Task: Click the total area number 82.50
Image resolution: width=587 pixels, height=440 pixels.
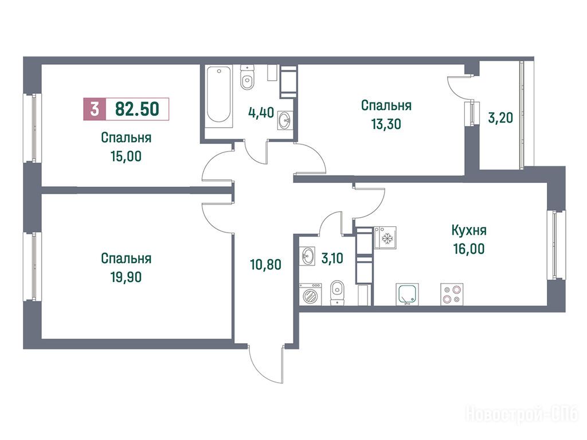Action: [138, 109]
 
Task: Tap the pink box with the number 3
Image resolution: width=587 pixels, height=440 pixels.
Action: [95, 109]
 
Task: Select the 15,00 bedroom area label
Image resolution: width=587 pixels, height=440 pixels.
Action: [126, 156]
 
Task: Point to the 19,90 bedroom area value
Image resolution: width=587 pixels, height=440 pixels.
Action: [126, 277]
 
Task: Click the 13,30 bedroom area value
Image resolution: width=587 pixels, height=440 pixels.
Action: [386, 124]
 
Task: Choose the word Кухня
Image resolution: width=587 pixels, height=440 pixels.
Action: [469, 230]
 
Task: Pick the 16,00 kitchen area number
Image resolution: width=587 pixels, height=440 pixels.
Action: [469, 249]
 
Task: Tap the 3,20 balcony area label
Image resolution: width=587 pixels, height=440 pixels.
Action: [500, 118]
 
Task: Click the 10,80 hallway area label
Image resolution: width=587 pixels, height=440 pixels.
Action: [265, 265]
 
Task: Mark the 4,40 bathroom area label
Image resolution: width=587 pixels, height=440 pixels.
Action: [261, 112]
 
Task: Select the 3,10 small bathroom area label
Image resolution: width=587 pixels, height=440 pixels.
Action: [332, 258]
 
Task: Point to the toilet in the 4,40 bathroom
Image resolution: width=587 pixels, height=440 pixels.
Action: [247, 77]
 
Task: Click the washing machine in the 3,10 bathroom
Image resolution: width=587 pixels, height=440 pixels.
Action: [310, 294]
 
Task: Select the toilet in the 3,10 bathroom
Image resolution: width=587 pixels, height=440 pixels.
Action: [338, 292]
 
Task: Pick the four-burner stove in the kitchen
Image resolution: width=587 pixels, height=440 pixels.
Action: [452, 294]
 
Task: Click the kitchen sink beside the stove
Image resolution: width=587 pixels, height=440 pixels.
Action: [408, 294]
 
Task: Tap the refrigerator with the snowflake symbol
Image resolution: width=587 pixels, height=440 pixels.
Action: [385, 238]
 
